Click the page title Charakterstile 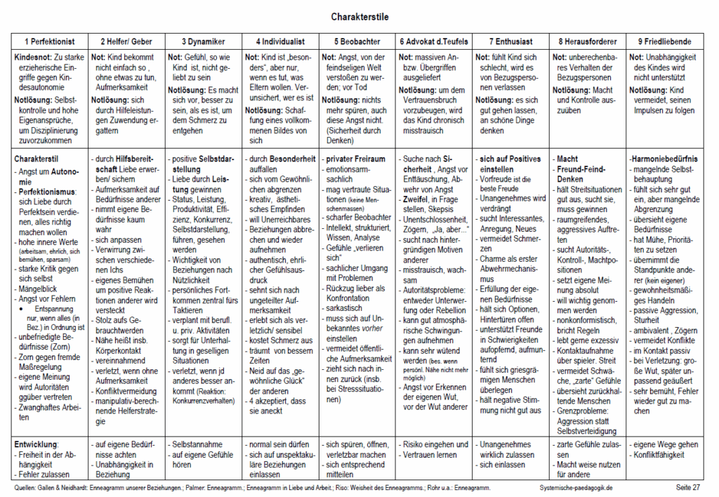(x=359, y=15)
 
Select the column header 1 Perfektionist (x=50, y=41)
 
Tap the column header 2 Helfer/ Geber (x=126, y=41)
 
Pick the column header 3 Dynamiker (x=204, y=41)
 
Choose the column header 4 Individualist (x=280, y=41)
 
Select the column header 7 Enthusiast (x=511, y=41)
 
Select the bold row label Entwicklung (x=37, y=444)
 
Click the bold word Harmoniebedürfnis (x=664, y=159)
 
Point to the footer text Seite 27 (x=687, y=486)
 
